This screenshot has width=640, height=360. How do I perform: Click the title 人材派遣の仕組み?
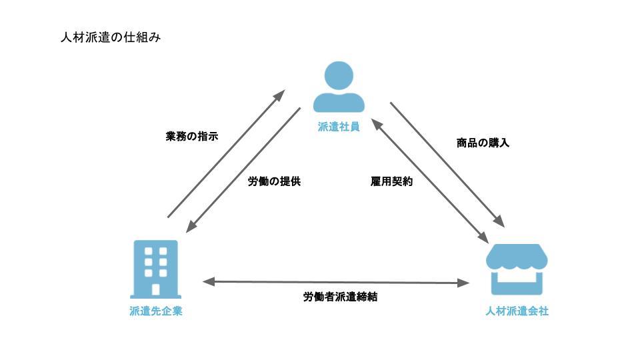coord(110,37)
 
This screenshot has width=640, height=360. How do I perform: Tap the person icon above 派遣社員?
coord(339,87)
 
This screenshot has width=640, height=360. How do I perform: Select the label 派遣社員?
coord(339,127)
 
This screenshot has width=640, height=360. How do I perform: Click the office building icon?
coord(156,269)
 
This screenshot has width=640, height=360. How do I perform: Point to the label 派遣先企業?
coord(156,311)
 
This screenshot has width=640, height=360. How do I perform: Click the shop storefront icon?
coord(517,269)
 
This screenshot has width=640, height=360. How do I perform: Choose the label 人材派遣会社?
coord(517,311)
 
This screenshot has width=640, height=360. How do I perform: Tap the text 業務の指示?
coord(191,137)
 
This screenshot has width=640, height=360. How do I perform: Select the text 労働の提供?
coord(274,181)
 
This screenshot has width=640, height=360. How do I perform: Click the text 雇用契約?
coord(391,181)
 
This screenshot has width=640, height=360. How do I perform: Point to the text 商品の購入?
coord(483,143)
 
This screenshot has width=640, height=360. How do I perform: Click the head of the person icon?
coord(339,75)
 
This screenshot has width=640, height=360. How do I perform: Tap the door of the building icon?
coord(156,289)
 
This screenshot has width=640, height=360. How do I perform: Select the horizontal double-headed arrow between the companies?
coord(336,282)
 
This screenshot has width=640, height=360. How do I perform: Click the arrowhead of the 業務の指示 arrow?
coord(281,94)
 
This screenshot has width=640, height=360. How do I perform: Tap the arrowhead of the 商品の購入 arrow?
coord(499,221)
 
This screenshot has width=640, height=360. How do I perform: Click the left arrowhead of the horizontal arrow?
coord(207,282)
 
